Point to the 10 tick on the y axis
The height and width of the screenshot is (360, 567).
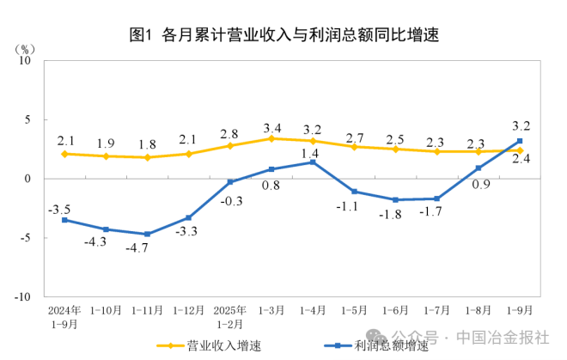click(25, 61)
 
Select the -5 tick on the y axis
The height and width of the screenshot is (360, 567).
click(25, 238)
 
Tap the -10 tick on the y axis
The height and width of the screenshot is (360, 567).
click(22, 296)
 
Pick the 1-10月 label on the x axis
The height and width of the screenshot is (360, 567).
click(107, 308)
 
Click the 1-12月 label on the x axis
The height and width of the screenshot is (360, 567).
click(188, 308)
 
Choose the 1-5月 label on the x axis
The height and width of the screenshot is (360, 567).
click(354, 308)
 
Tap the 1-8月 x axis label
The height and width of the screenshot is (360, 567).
click(479, 308)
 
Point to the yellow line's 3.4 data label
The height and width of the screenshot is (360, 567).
click(271, 127)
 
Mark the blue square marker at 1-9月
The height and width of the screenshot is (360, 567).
click(520, 141)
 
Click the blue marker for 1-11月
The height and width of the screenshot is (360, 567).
click(148, 234)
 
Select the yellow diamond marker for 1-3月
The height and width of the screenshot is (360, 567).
click(271, 138)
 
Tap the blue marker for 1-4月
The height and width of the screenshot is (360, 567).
click(313, 162)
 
